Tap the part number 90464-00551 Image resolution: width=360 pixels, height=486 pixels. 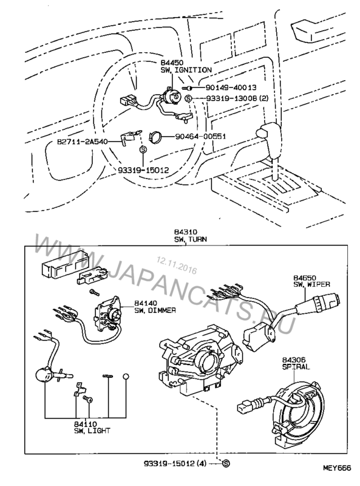pos(200,136)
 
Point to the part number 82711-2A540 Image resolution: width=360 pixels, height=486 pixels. pos(83,142)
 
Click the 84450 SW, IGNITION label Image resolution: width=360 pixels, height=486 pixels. pos(186,67)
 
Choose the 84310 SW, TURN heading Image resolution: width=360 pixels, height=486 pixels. pos(190,236)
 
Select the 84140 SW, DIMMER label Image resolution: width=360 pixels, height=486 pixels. pos(155,306)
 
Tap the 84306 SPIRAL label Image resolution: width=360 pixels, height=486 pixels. pos(296,363)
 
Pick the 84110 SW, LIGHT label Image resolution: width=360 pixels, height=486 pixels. pos(92,427)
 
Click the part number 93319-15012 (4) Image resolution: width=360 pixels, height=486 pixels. pos(175,464)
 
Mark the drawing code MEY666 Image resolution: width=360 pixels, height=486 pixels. pos(338,468)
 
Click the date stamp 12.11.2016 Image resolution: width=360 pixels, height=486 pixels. pos(177,265)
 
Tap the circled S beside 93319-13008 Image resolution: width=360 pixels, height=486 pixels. pos(188,98)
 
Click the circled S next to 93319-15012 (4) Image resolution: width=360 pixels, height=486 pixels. pos(226,464)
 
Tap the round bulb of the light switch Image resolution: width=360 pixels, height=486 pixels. pos(44,375)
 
